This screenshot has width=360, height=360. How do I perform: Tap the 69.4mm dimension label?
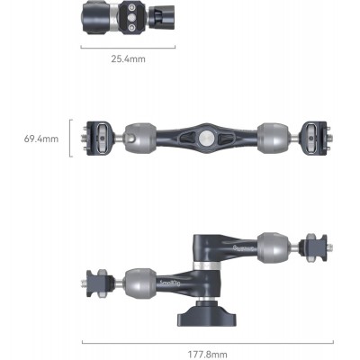41,139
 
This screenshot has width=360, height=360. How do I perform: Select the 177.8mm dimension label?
208,355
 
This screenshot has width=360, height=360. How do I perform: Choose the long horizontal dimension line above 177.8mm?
208,342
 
